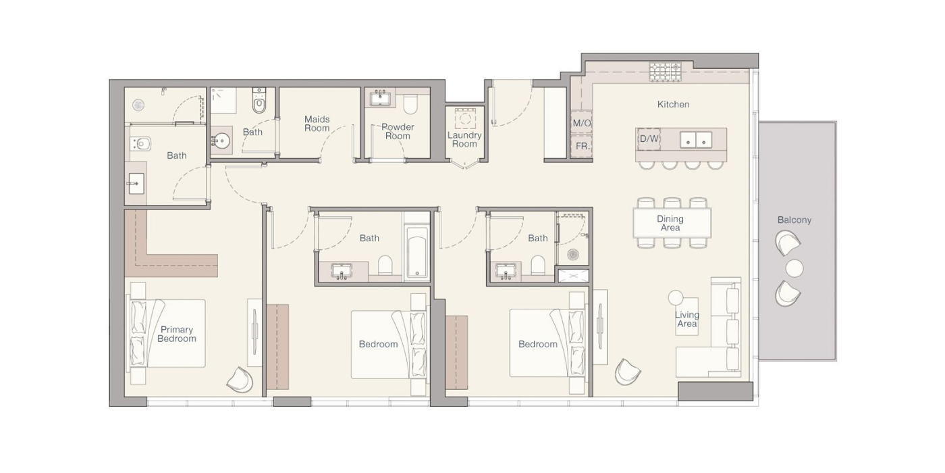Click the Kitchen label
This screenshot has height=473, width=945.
[x=674, y=104]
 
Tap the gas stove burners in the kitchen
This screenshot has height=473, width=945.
[x=666, y=72]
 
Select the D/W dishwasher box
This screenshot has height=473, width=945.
[x=649, y=139]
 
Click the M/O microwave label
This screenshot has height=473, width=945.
[x=582, y=123]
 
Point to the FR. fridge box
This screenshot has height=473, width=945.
[x=582, y=147]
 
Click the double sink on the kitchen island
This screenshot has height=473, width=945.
[x=696, y=140]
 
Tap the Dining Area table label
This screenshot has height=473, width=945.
[x=670, y=224]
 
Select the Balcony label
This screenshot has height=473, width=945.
[x=794, y=220]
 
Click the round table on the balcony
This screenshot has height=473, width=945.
[x=794, y=268]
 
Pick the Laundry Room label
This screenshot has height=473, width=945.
[x=464, y=139]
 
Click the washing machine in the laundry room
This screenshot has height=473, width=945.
[x=465, y=118]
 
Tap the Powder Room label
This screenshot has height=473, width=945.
[x=398, y=131]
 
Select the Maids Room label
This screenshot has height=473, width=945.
[x=317, y=124]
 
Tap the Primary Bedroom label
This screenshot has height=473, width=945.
[x=177, y=334]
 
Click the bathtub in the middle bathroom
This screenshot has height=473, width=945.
[x=416, y=252]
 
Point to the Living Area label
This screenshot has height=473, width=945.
[x=687, y=319]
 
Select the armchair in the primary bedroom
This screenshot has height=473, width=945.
[x=240, y=380]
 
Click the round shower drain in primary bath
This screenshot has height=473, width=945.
[x=138, y=105]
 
